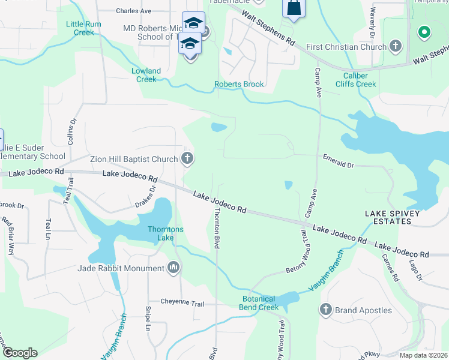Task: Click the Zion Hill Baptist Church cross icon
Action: (x=187, y=159)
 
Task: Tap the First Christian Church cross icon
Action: (x=395, y=46)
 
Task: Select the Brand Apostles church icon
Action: (x=326, y=310)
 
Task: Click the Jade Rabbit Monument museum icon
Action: (x=174, y=267)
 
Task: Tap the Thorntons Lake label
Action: (x=166, y=233)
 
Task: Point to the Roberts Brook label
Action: (x=240, y=85)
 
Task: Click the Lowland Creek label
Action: (x=146, y=75)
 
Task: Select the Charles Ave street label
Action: (x=134, y=11)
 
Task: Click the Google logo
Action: (x=20, y=353)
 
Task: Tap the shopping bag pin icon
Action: (x=294, y=8)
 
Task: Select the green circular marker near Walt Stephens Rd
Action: (x=424, y=32)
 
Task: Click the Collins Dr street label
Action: (x=72, y=130)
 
